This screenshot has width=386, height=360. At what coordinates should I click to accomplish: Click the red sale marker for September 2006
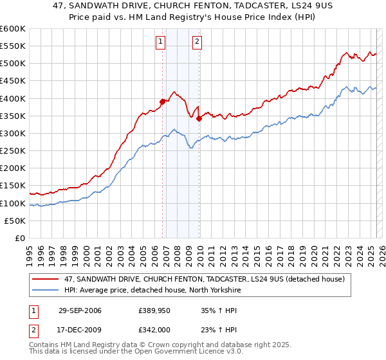click(163, 101)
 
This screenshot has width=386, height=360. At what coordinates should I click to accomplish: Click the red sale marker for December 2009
click(199, 118)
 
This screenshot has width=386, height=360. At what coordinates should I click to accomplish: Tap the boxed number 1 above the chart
click(160, 43)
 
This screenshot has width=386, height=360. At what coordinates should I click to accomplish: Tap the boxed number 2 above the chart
click(197, 43)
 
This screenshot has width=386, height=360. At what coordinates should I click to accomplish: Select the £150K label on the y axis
click(13, 186)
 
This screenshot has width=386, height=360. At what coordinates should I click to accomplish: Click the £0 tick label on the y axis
click(19, 239)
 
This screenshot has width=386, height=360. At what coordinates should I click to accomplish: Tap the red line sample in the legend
click(46, 279)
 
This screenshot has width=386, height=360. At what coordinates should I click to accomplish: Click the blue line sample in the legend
click(46, 290)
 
